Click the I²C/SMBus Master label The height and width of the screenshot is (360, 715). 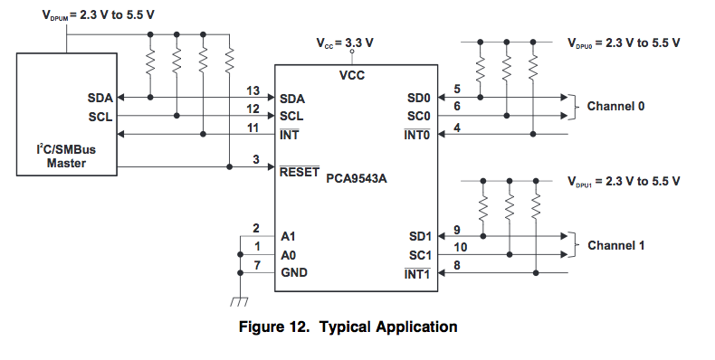[66, 156]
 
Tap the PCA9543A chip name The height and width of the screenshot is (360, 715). [356, 178]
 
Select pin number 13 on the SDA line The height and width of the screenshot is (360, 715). [253, 90]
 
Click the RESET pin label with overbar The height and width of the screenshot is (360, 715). [300, 172]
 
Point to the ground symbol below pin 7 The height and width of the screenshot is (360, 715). [239, 301]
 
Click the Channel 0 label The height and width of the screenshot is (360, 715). [615, 106]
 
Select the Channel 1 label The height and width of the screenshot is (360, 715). [615, 246]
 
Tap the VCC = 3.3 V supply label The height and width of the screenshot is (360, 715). [345, 43]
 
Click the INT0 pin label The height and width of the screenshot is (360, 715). [416, 135]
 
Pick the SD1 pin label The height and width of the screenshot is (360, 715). [420, 236]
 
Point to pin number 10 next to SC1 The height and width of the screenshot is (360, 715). [461, 248]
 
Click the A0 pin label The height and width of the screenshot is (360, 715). [288, 255]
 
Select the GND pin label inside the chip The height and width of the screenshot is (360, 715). [294, 272]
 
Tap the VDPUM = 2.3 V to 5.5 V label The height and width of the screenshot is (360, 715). [98, 15]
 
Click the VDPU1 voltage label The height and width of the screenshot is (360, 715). [624, 182]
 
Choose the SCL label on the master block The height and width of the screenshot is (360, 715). [100, 117]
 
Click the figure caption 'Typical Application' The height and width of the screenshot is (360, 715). [388, 327]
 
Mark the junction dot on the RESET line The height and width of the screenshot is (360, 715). [229, 166]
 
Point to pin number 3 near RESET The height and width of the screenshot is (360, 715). [256, 159]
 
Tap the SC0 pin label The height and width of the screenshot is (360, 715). [419, 116]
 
